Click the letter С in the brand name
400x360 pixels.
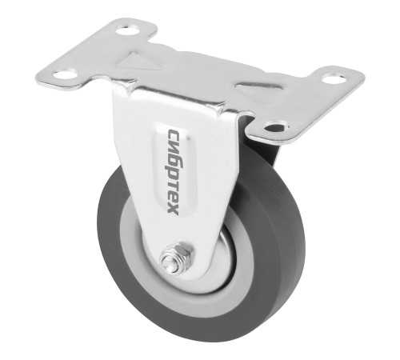[173, 134]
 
